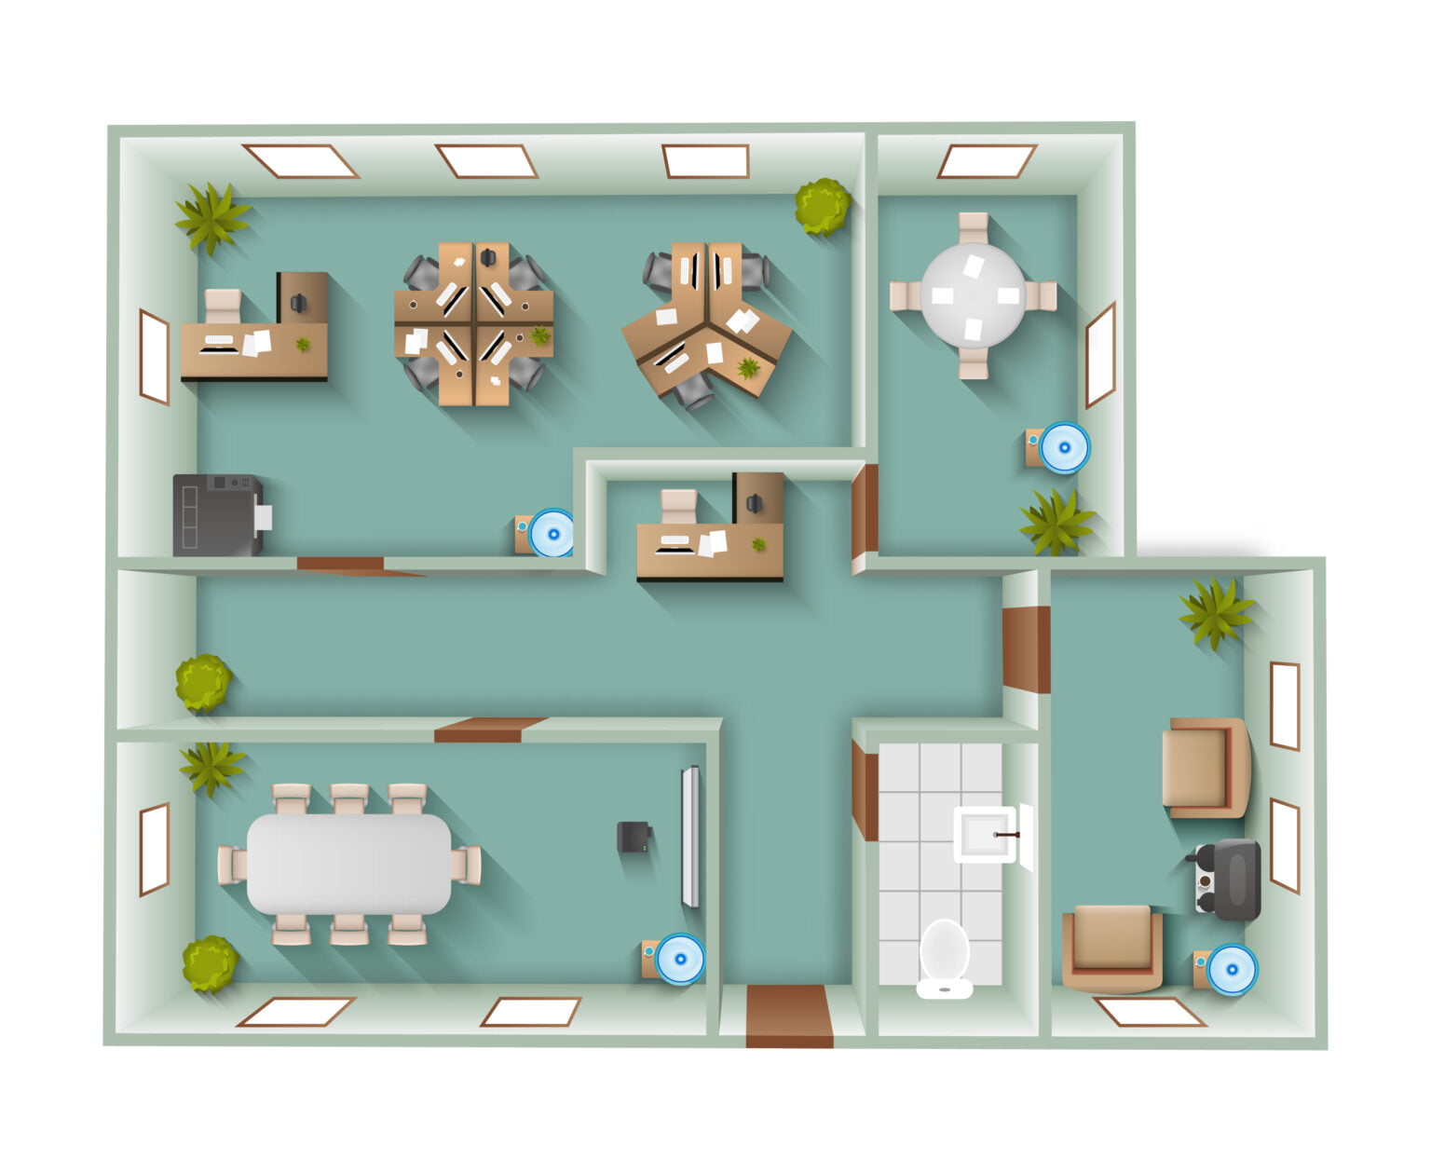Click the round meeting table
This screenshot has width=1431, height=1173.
(973, 295)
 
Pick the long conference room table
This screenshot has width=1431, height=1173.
(348, 864)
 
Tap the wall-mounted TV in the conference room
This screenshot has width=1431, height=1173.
(689, 836)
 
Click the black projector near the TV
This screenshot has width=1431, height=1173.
(634, 837)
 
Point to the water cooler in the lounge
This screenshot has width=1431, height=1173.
(1229, 969)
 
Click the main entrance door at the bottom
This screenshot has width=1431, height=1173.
(789, 1016)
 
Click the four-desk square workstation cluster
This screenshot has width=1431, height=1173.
(473, 323)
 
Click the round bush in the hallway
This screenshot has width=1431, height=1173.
(203, 682)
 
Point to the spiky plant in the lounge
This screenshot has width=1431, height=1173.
(1215, 612)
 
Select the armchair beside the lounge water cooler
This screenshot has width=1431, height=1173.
(1112, 948)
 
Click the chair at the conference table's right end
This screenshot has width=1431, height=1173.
(467, 865)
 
